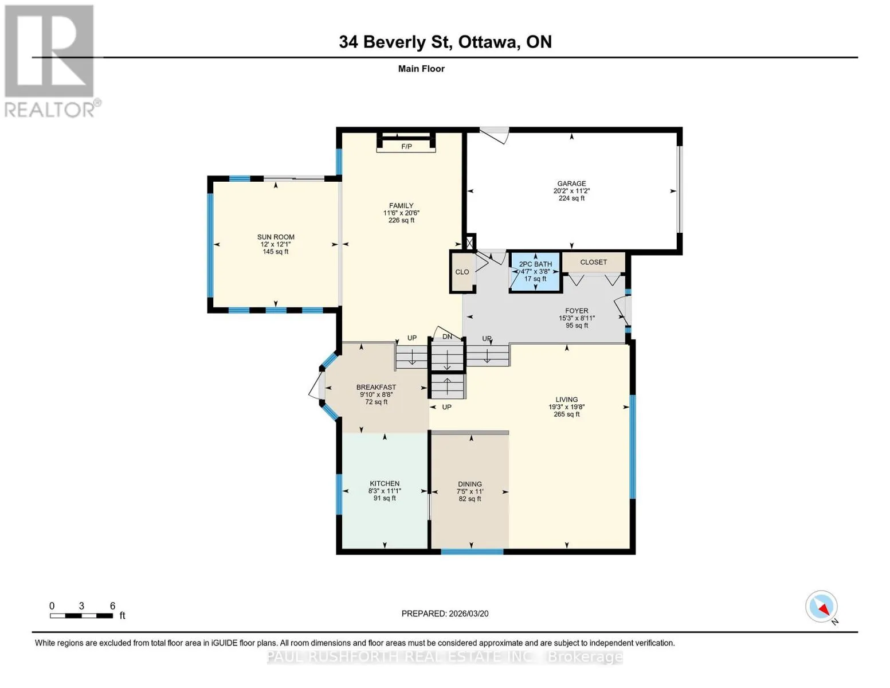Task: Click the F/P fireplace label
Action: click(x=406, y=146)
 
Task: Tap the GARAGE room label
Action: click(x=571, y=183)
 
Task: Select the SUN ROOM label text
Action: click(x=276, y=237)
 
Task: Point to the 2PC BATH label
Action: click(x=535, y=264)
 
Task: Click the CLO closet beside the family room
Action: click(x=462, y=272)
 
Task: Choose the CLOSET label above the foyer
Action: click(x=594, y=262)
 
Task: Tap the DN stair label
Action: click(x=447, y=337)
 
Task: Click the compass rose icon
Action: click(x=821, y=607)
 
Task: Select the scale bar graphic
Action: click(x=81, y=615)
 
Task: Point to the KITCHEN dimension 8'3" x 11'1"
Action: click(x=385, y=491)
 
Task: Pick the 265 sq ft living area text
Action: click(x=567, y=415)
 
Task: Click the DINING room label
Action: click(x=470, y=484)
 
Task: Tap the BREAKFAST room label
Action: click(x=376, y=387)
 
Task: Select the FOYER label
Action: click(x=577, y=311)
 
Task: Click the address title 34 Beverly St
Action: click(x=394, y=42)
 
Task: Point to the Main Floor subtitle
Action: click(x=421, y=69)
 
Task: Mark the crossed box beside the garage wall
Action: click(x=469, y=242)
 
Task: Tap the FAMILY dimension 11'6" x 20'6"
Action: click(x=401, y=213)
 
